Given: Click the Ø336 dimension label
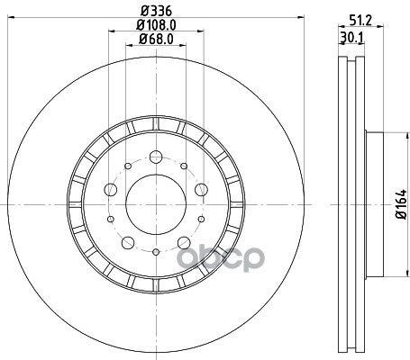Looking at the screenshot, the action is pyautogui.click(x=156, y=11).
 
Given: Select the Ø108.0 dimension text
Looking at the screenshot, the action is pyautogui.click(x=156, y=25).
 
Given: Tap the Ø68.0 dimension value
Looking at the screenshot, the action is pyautogui.click(x=156, y=40).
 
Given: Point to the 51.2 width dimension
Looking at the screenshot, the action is pyautogui.click(x=360, y=21).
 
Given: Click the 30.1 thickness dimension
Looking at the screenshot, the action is pyautogui.click(x=351, y=38).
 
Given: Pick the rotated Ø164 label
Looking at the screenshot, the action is pyautogui.click(x=401, y=204).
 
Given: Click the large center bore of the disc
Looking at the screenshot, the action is pyautogui.click(x=156, y=204).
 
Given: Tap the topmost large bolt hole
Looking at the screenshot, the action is pyautogui.click(x=156, y=157).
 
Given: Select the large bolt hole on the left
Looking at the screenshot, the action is pyautogui.click(x=110, y=190).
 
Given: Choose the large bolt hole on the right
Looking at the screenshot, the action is pyautogui.click(x=201, y=190).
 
